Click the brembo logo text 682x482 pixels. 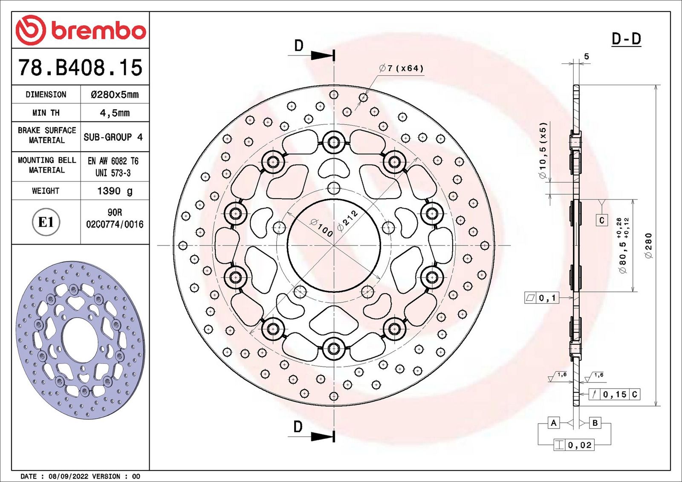(98, 31)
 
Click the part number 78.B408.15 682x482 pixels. (80, 68)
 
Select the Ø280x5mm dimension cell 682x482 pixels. (115, 95)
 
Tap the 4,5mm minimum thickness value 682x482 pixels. (115, 113)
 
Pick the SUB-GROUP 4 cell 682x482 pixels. (113, 137)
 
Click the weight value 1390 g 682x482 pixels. (115, 191)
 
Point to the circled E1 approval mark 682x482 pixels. (46, 222)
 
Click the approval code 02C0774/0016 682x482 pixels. (115, 224)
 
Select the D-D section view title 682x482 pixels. (626, 39)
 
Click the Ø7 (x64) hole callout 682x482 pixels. (402, 68)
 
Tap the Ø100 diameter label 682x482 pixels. (321, 228)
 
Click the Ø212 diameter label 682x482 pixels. (347, 221)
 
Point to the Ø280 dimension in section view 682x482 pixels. (648, 245)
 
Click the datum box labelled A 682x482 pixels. (553, 423)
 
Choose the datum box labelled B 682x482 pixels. (595, 423)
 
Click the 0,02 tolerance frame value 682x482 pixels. (580, 445)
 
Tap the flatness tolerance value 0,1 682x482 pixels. (547, 298)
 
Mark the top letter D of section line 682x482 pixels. (299, 46)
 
